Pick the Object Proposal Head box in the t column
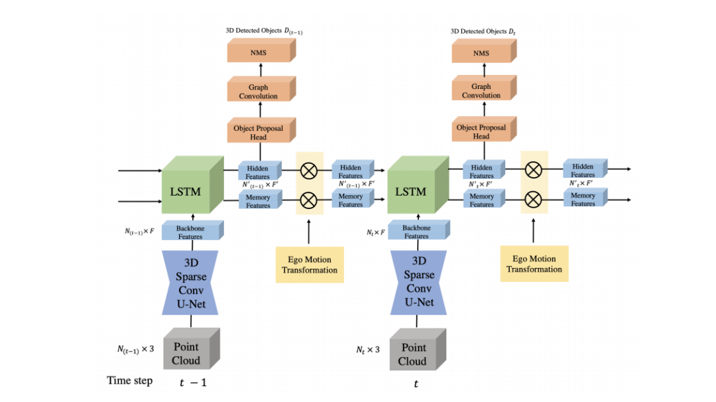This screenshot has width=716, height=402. point(481,131)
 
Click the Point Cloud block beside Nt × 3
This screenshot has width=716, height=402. point(414,350)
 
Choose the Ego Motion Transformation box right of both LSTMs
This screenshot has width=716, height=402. point(534,264)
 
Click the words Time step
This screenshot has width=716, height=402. point(130,381)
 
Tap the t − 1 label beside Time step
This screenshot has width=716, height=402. point(193,383)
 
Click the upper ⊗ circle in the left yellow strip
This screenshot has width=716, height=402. point(309,170)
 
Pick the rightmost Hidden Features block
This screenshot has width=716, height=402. point(585,170)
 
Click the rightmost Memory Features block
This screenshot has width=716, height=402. point(585,199)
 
